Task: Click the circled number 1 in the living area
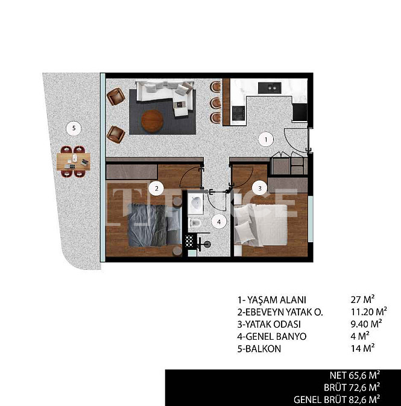point(266,140)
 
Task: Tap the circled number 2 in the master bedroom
point(156,188)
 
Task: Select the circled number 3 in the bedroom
point(260,188)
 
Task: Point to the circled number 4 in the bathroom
point(219,222)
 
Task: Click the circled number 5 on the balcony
point(74,128)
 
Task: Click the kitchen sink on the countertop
point(270,88)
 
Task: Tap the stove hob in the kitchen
point(238,113)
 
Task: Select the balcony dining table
point(74,161)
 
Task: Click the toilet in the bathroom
point(195,222)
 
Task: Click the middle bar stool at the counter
point(215,102)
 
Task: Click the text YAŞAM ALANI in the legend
point(276,300)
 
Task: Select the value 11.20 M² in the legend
point(368,312)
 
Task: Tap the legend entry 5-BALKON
point(259,349)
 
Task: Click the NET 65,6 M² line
point(355,375)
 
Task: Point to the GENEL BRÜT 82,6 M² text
point(336,400)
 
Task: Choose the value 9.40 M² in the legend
point(366,324)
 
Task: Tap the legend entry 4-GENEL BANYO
point(271,336)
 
